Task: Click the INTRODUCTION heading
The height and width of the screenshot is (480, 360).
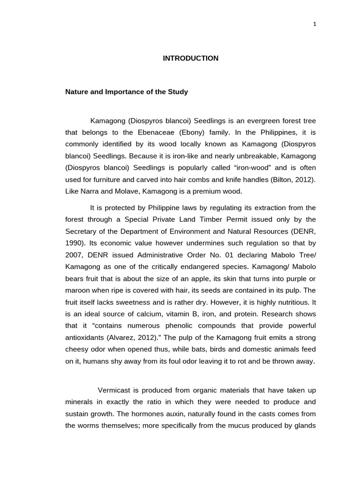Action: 190,59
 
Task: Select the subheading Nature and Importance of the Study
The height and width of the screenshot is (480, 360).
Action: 126,92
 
